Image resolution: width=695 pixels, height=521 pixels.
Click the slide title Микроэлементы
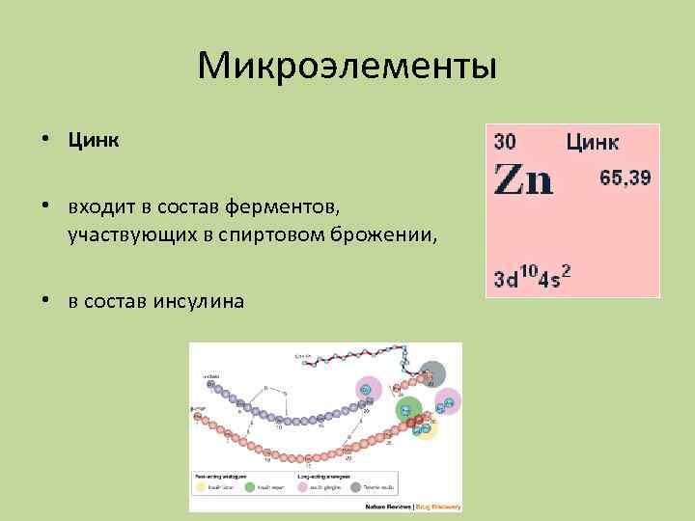tap(347, 67)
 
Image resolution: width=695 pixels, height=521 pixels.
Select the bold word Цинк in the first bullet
tap(94, 141)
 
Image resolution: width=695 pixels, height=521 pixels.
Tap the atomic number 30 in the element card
tap(506, 142)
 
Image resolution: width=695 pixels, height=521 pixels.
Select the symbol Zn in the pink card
tap(524, 180)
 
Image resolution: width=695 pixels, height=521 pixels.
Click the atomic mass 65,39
tap(625, 178)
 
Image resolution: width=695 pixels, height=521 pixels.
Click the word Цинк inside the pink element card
tap(593, 143)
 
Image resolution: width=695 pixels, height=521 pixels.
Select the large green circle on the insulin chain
tap(410, 408)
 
